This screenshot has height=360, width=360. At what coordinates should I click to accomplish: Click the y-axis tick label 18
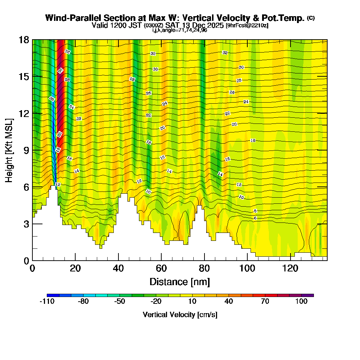[x=24, y=40]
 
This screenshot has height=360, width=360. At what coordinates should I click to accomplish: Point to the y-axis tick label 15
[x=24, y=76]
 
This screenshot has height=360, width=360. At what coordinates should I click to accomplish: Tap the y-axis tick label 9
[x=26, y=150]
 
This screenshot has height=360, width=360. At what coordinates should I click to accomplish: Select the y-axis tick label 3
[x=26, y=224]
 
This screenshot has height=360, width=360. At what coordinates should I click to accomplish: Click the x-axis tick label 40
[x=118, y=269]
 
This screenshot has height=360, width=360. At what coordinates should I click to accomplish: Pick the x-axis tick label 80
[x=204, y=269]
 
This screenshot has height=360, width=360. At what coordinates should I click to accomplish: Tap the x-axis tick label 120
[x=290, y=269]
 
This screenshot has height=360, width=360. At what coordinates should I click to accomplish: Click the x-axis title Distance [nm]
[x=180, y=282]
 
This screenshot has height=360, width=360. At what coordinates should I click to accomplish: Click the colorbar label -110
[x=47, y=302]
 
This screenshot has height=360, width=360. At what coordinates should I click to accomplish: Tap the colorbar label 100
[x=301, y=302]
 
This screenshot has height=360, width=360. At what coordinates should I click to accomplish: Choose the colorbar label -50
[x=120, y=302]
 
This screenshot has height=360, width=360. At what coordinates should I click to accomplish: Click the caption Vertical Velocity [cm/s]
[x=180, y=315]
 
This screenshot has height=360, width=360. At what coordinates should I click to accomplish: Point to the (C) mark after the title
[x=310, y=18]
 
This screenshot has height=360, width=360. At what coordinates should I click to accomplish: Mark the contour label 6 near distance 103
[x=255, y=218]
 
